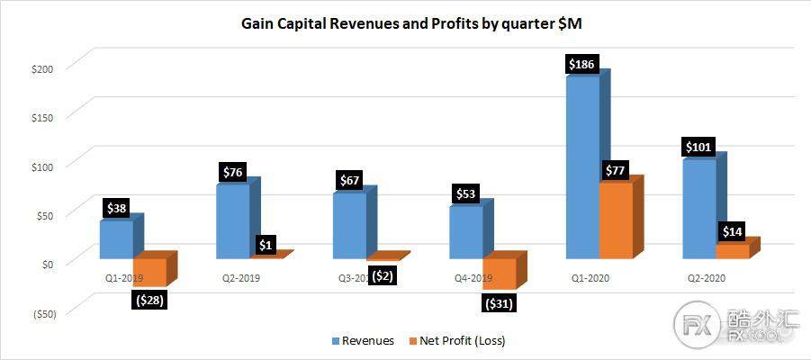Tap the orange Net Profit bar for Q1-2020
pos(616,220)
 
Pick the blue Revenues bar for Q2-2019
pos(232,221)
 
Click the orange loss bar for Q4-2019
pos(500,274)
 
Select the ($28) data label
pos(149,299)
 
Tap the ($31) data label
pos(499,303)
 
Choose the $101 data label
pos(700,147)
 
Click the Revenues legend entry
pos(364,340)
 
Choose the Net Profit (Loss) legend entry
pos(463,340)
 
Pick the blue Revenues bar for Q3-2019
pos(349,226)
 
